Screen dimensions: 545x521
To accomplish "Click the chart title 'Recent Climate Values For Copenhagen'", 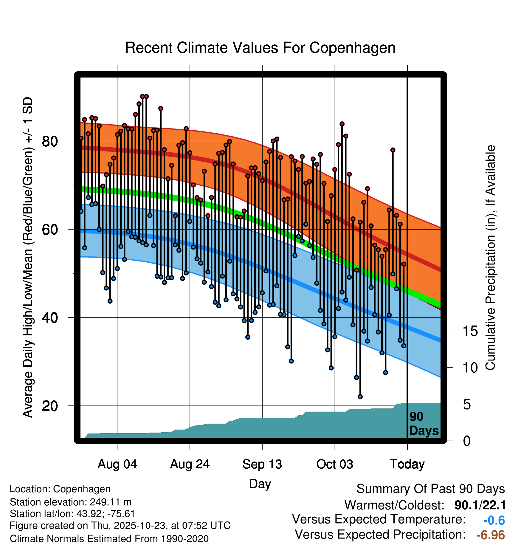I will pyautogui.click(x=260, y=48).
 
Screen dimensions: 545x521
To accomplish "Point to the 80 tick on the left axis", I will pyautogui.click(x=50, y=141).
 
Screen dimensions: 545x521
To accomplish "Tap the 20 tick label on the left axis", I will pyautogui.click(x=50, y=406).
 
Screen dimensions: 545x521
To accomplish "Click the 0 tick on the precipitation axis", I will pyautogui.click(x=467, y=441).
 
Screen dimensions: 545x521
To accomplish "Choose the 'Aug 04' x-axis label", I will pyautogui.click(x=117, y=464).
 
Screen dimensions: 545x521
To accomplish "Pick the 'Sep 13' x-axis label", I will pyautogui.click(x=262, y=464).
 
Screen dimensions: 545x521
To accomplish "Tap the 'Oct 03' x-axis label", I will pyautogui.click(x=334, y=464).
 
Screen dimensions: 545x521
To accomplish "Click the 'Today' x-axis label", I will pyautogui.click(x=407, y=464).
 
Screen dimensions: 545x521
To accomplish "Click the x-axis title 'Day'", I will pyautogui.click(x=260, y=484).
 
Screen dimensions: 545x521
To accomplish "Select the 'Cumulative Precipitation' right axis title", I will pyautogui.click(x=490, y=258).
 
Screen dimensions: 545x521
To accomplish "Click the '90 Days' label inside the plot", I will pyautogui.click(x=424, y=424).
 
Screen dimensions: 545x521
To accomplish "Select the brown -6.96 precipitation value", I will pyautogui.click(x=491, y=535).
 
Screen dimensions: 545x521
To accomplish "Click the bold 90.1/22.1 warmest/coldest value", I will pyautogui.click(x=480, y=505).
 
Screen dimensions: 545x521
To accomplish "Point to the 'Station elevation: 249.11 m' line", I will pyautogui.click(x=71, y=502).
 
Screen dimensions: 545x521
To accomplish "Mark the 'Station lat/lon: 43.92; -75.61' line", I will pyautogui.click(x=72, y=514).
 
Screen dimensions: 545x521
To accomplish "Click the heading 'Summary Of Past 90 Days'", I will pyautogui.click(x=430, y=489).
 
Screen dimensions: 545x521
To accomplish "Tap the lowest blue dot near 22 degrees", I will pyautogui.click(x=360, y=397).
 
